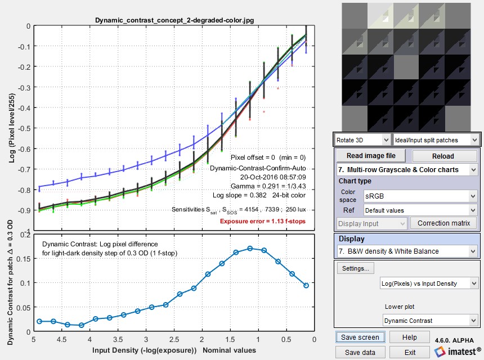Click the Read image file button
(371, 156)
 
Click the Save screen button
(361, 337)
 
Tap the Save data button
(361, 352)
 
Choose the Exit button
(410, 352)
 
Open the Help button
(410, 337)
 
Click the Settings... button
(356, 268)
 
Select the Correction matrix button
(443, 223)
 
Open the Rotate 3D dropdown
(361, 139)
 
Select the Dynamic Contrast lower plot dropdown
(428, 321)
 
